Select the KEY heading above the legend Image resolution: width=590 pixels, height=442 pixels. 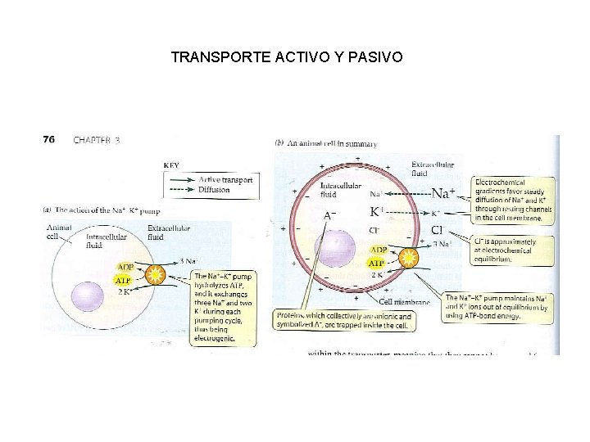(172, 165)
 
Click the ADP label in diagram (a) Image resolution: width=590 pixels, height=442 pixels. (125, 267)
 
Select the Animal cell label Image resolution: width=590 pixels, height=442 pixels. (59, 232)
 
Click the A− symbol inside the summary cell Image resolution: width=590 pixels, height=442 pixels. (329, 215)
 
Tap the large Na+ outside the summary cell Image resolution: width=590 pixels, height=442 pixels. (442, 194)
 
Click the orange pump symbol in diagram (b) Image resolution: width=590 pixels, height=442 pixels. (407, 259)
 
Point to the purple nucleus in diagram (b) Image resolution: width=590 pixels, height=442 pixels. (334, 247)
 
